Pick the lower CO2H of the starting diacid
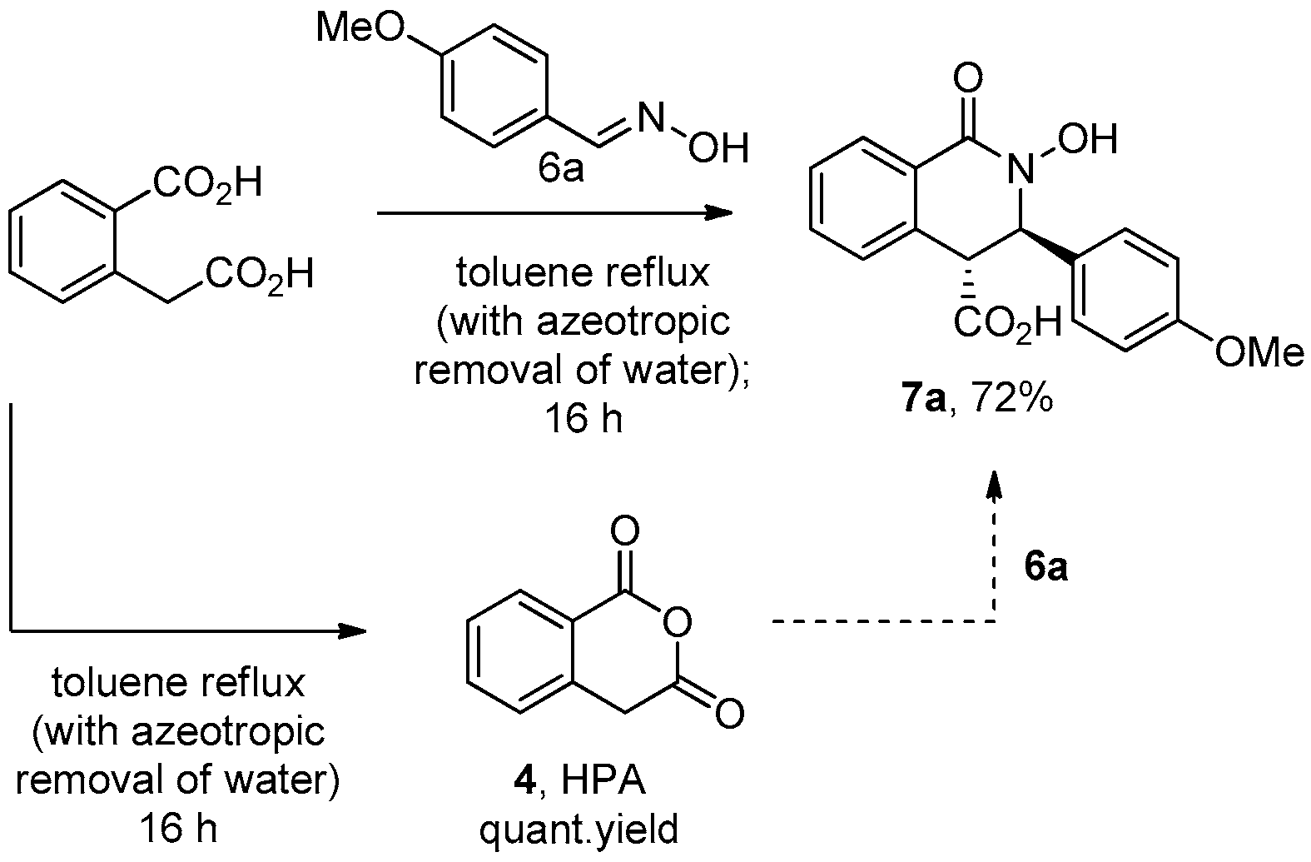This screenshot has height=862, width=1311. pyautogui.click(x=259, y=274)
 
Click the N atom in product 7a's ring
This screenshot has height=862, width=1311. pyautogui.click(x=1015, y=171)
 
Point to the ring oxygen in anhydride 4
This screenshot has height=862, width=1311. pyautogui.click(x=678, y=620)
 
